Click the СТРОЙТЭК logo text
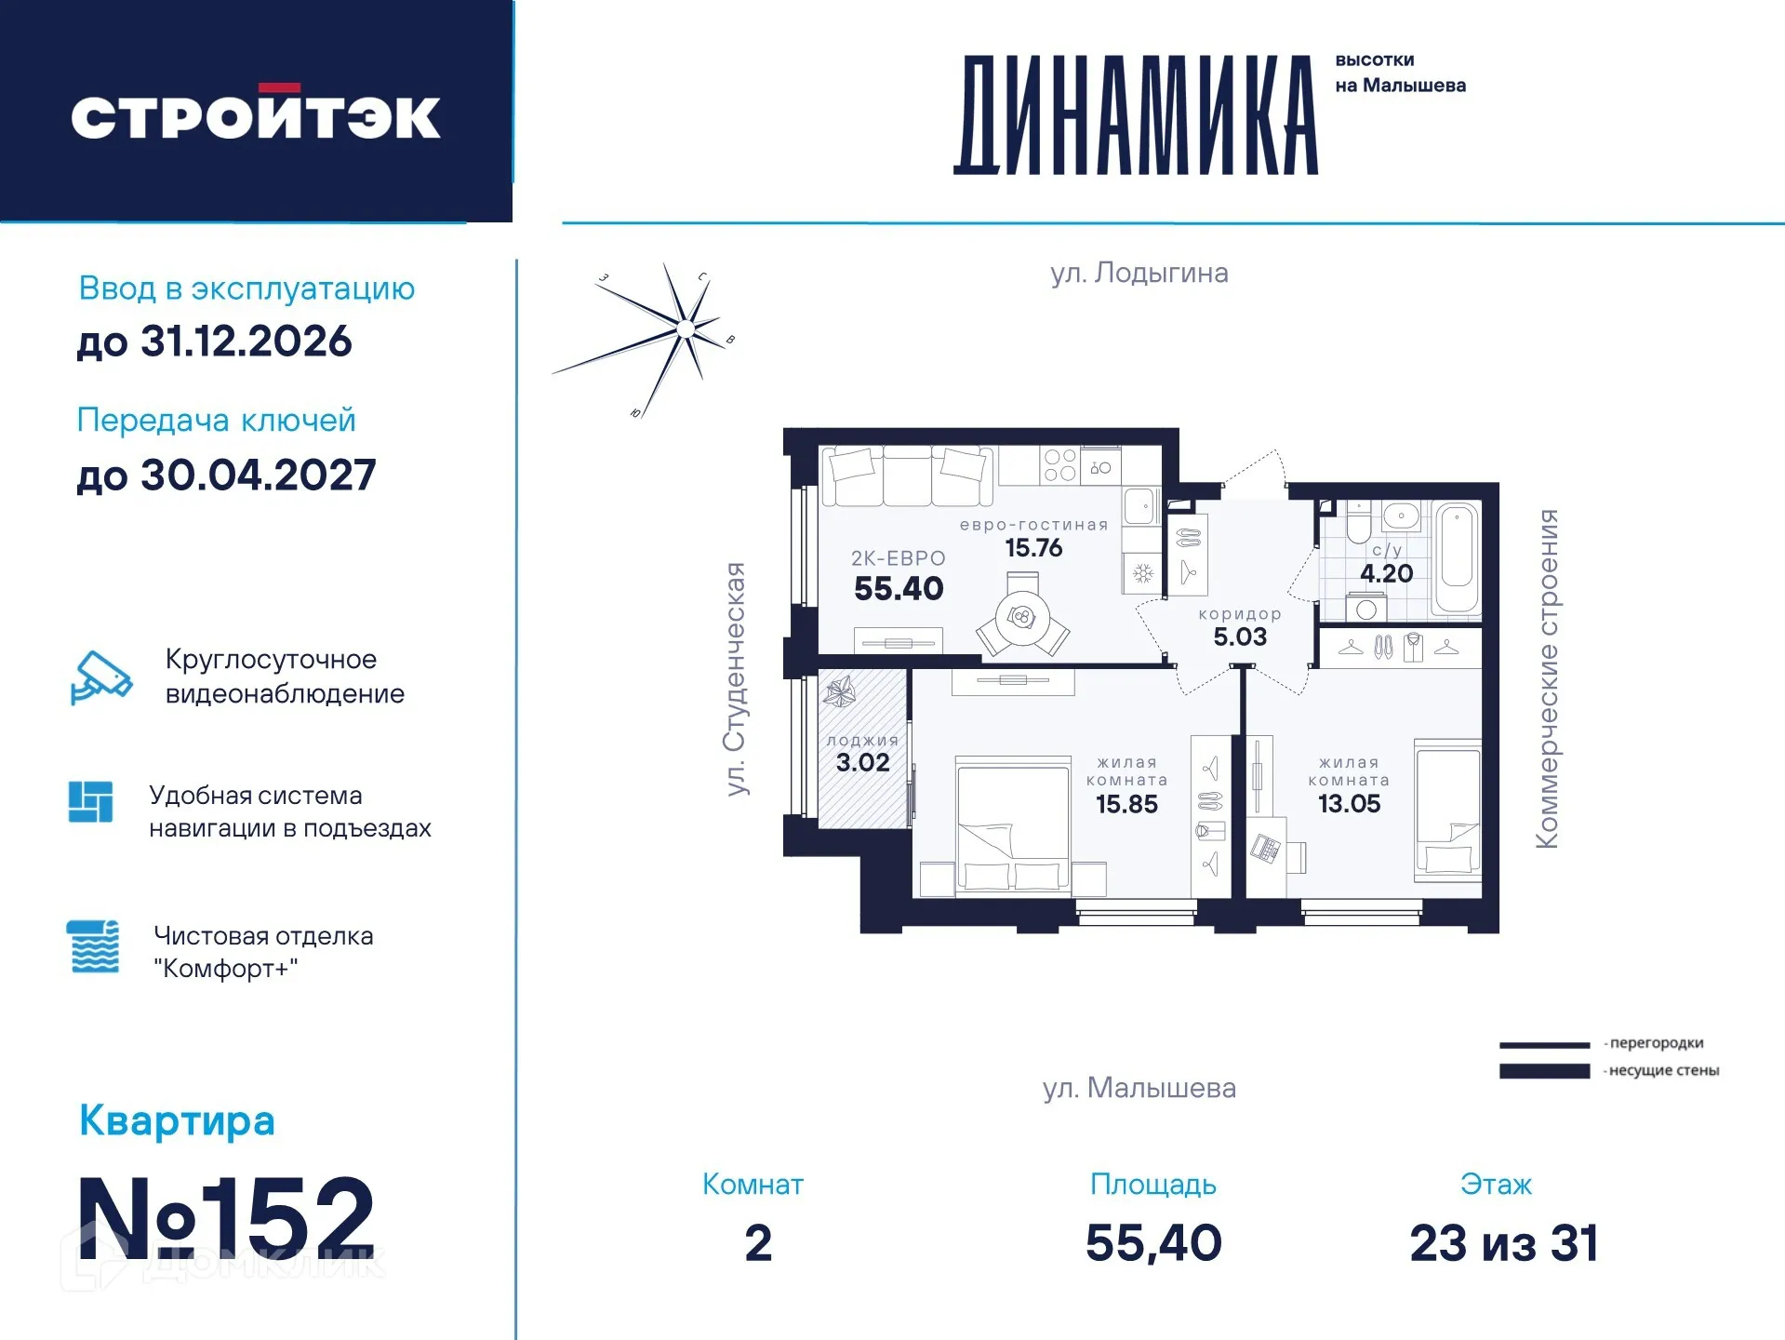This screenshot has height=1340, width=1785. [256, 116]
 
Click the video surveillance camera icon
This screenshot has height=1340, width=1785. [100, 677]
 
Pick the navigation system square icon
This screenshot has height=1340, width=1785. [91, 802]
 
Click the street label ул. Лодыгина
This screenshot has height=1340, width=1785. [1139, 273]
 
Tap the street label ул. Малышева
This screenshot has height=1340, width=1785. [1139, 1088]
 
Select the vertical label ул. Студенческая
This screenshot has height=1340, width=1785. [736, 679]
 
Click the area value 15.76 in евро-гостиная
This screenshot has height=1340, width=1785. [1033, 548]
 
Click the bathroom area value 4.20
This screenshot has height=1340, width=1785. [1386, 574]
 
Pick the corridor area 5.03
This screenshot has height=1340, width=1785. [1240, 637]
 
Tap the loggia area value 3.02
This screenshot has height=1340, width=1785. [862, 763]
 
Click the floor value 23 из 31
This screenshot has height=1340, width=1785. [1504, 1243]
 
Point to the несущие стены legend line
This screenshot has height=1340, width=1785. [1544, 1071]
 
